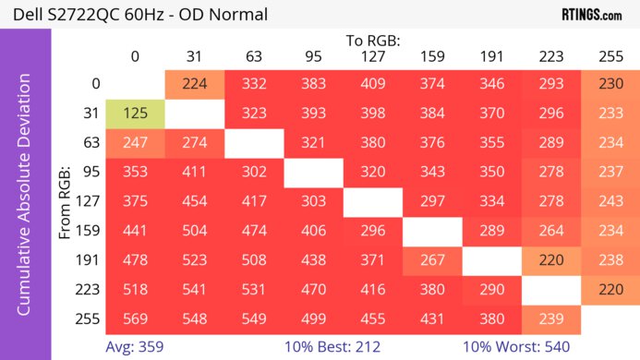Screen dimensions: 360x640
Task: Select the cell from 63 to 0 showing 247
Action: coord(135,144)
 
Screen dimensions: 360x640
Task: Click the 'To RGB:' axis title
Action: coord(372,41)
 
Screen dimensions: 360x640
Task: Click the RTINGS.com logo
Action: coord(591,14)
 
